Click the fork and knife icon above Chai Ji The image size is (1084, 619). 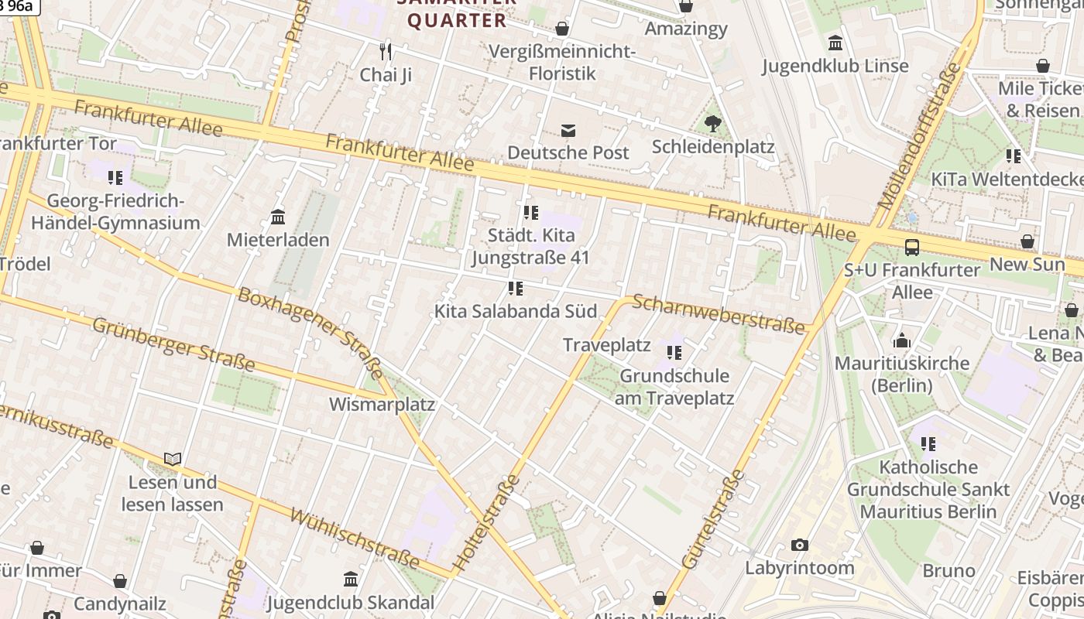pyautogui.click(x=386, y=52)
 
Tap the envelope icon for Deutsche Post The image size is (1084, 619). pyautogui.click(x=568, y=130)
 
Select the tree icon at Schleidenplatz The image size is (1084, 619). pyautogui.click(x=713, y=123)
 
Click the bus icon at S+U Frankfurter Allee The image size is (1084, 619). pyautogui.click(x=912, y=248)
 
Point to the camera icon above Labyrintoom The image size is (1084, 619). pyautogui.click(x=800, y=545)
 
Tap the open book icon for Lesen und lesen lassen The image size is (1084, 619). pyautogui.click(x=173, y=460)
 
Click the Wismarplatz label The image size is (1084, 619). pyautogui.click(x=382, y=405)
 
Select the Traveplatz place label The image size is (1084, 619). pyautogui.click(x=606, y=345)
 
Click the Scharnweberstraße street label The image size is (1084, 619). pyautogui.click(x=719, y=313)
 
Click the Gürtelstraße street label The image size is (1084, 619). pyautogui.click(x=713, y=518)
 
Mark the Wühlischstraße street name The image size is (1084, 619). pyautogui.click(x=355, y=539)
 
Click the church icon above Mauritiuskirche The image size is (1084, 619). pyautogui.click(x=901, y=340)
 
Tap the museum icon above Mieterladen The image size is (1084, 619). pyautogui.click(x=278, y=217)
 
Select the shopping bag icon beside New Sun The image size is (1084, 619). pyautogui.click(x=1027, y=241)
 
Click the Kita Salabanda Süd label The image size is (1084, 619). pyautogui.click(x=516, y=311)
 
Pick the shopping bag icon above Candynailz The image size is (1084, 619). pyautogui.click(x=120, y=581)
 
